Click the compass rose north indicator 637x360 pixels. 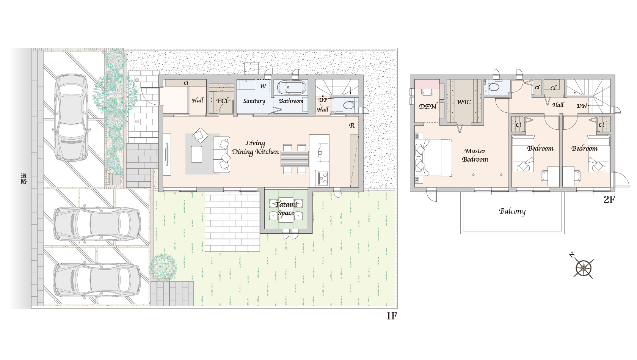click(583, 267)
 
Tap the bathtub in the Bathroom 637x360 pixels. click(292, 87)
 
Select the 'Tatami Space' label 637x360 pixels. click(286, 209)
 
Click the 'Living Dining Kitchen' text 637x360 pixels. click(255, 148)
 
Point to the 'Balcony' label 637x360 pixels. click(512, 211)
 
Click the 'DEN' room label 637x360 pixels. click(427, 107)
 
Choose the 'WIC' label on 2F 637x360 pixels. click(464, 102)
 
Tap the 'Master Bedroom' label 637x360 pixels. click(475, 155)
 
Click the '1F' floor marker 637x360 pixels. click(392, 316)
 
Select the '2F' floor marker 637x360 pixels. click(609, 200)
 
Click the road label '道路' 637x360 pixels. click(24, 178)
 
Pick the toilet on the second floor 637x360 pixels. click(494, 87)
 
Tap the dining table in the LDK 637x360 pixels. click(295, 159)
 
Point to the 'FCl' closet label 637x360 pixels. click(222, 101)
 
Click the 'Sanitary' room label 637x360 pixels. click(254, 101)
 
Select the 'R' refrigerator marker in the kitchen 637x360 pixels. click(352, 126)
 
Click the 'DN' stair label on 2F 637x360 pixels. click(582, 105)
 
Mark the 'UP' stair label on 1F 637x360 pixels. click(323, 100)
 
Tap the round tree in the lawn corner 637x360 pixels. click(163, 267)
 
